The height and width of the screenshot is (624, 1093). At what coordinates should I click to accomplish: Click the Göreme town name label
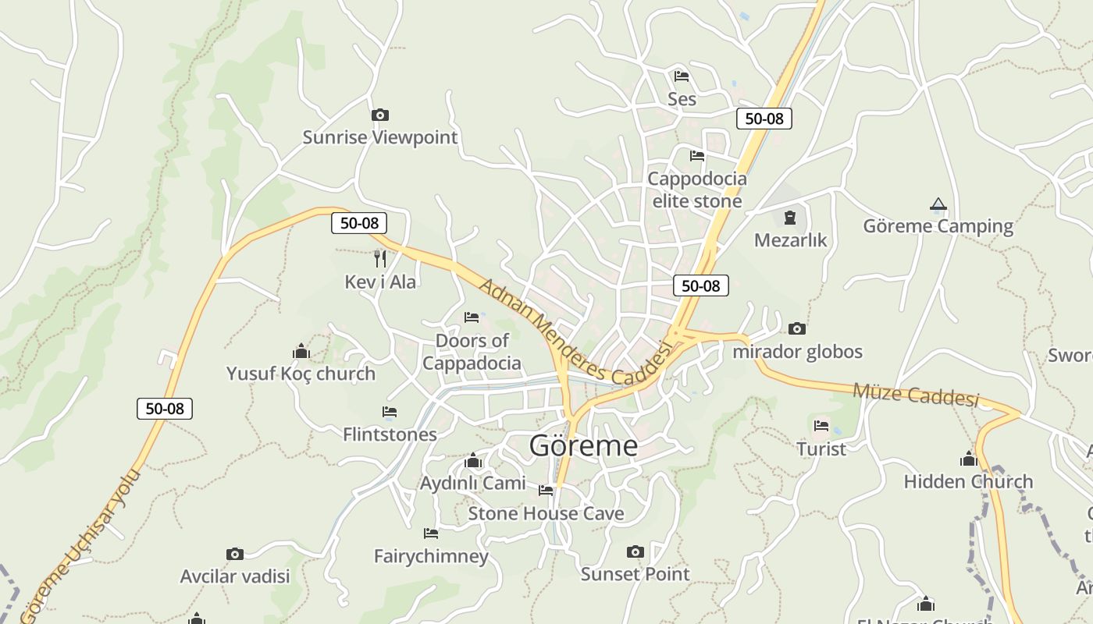[x=583, y=446]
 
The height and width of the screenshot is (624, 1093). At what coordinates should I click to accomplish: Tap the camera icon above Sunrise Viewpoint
[x=380, y=115]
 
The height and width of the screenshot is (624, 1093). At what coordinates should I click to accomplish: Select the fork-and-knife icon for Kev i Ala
[x=380, y=258]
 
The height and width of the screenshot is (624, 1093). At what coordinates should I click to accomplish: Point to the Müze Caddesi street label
[x=915, y=395]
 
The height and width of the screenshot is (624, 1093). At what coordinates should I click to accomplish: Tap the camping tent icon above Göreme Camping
[x=938, y=204]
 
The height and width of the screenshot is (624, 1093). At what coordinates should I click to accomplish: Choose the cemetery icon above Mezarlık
[x=790, y=217]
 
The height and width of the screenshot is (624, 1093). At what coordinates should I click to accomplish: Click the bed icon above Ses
[x=682, y=76]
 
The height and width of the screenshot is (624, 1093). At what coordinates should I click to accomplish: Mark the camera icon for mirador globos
[x=797, y=328]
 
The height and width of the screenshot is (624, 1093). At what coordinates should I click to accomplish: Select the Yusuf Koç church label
[x=301, y=374]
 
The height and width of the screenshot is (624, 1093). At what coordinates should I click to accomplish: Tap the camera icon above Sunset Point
[x=636, y=552]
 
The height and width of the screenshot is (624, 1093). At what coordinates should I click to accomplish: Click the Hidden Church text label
[x=968, y=481]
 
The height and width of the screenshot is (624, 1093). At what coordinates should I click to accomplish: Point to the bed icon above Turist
[x=821, y=426]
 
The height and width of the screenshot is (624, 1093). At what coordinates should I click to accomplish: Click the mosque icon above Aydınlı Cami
[x=472, y=461]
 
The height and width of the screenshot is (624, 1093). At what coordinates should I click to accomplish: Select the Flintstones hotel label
[x=390, y=434]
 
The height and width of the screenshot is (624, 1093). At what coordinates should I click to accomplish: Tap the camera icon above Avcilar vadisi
[x=235, y=554]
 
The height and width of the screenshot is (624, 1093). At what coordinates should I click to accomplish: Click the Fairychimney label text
[x=431, y=556]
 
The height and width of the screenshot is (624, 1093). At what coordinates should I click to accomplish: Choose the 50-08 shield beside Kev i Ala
[x=359, y=223]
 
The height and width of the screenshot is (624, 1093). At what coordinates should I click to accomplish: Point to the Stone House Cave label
[x=546, y=513]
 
